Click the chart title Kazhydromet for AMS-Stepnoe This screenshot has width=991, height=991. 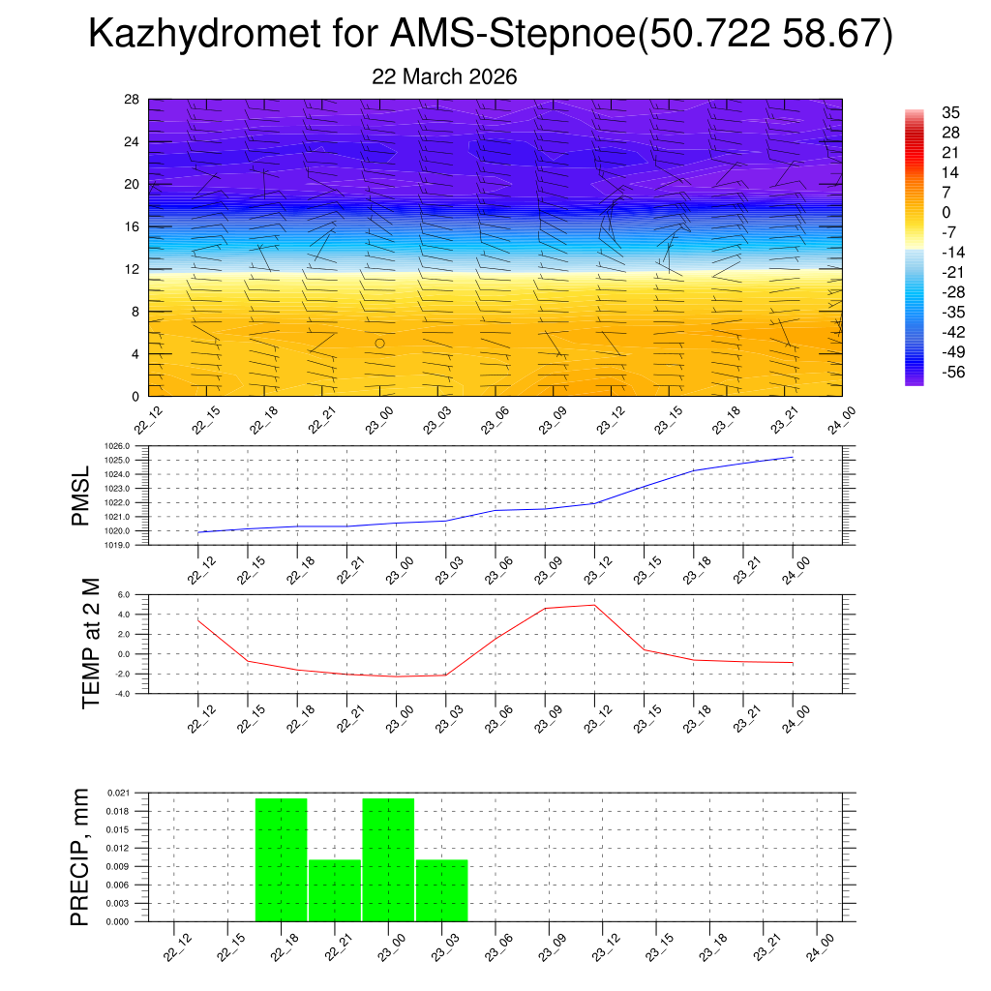point(490,35)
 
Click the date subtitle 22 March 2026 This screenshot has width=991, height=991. point(444,77)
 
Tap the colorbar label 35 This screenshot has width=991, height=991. point(950,112)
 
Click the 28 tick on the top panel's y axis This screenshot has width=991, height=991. point(132,100)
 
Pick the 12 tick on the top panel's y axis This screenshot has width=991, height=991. point(132,269)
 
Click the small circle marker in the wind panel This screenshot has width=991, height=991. point(380,344)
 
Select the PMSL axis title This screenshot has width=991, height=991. point(81,495)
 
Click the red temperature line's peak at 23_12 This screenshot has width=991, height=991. point(594,605)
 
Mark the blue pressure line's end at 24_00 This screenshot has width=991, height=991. point(794,457)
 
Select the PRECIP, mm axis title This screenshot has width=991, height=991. point(81,856)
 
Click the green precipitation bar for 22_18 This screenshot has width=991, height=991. point(282,859)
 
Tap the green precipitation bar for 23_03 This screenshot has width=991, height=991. point(442,890)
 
